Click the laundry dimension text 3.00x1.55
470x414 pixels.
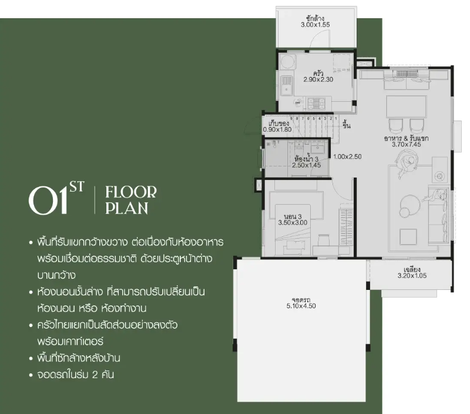(315, 25)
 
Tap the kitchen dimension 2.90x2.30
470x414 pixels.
(318, 79)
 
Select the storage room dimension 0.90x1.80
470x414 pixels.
(277, 129)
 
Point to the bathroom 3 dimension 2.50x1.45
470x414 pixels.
(306, 165)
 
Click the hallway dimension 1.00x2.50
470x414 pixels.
(347, 156)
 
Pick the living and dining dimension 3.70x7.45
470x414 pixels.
(406, 144)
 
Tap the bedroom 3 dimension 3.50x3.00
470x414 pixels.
(293, 223)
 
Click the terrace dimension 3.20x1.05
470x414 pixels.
(412, 276)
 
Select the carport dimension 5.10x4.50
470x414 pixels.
(301, 306)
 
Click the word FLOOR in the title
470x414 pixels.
(131, 192)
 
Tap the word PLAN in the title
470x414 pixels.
(127, 208)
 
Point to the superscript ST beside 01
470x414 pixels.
(77, 187)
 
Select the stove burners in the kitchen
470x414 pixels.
(316, 103)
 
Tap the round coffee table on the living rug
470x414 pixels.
(409, 205)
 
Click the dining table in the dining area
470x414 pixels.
(406, 106)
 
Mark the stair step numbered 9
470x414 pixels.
(291, 119)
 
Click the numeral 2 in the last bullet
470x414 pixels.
(95, 375)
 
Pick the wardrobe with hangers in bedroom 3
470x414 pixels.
(346, 228)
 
